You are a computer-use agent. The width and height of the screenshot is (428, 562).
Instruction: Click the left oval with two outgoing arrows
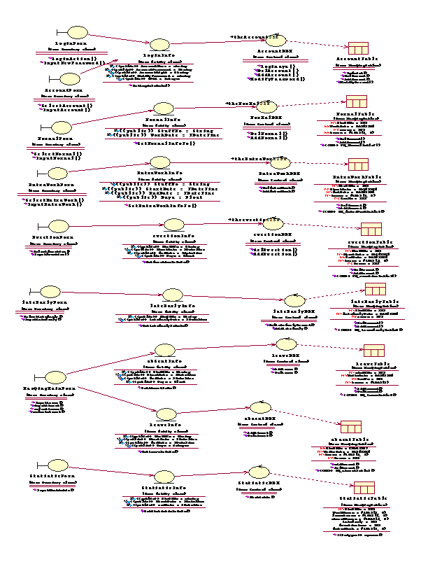tap(55, 377)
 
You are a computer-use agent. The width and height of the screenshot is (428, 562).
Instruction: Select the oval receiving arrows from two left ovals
tap(159, 45)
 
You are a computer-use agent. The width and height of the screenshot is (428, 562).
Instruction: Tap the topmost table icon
tap(358, 48)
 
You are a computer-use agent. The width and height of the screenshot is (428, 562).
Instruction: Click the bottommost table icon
tap(364, 488)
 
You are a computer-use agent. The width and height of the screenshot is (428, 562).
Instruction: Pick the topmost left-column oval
tap(78, 33)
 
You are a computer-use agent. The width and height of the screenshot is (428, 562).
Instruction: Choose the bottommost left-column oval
tap(58, 465)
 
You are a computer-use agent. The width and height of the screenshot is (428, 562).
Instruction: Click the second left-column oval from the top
tap(70, 79)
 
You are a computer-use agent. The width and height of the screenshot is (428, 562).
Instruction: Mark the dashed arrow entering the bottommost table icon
tap(311, 480)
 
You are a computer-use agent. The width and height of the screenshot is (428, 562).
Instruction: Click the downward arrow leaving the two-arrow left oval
tap(116, 398)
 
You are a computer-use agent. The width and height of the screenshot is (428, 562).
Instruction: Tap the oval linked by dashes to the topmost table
tap(276, 41)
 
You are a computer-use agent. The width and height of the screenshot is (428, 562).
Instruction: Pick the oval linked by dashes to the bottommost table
tap(259, 472)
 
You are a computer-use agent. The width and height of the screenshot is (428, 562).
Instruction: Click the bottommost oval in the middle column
tap(164, 477)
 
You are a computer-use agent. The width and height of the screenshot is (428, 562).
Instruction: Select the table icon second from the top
tap(357, 101)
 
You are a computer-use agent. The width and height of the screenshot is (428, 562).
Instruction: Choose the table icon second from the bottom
tap(351, 427)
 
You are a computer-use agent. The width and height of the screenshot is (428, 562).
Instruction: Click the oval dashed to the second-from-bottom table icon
tap(260, 407)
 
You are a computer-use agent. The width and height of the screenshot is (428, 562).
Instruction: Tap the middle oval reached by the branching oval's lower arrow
tap(166, 414)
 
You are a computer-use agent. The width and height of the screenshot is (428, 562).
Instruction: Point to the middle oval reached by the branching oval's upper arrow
tap(165, 350)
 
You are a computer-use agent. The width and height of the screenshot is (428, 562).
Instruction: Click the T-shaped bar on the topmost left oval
tap(59, 33)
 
